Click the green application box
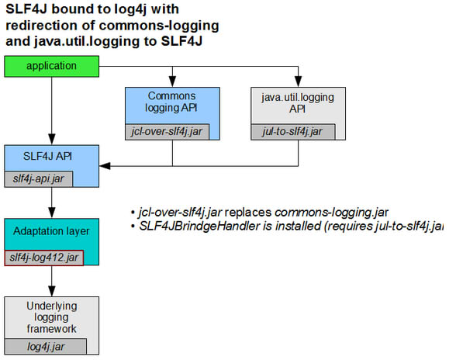tap(50, 66)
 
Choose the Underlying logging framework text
tap(51, 317)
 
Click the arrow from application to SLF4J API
tap(51, 109)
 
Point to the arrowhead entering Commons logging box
tap(172, 82)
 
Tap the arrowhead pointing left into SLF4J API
tap(105, 165)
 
